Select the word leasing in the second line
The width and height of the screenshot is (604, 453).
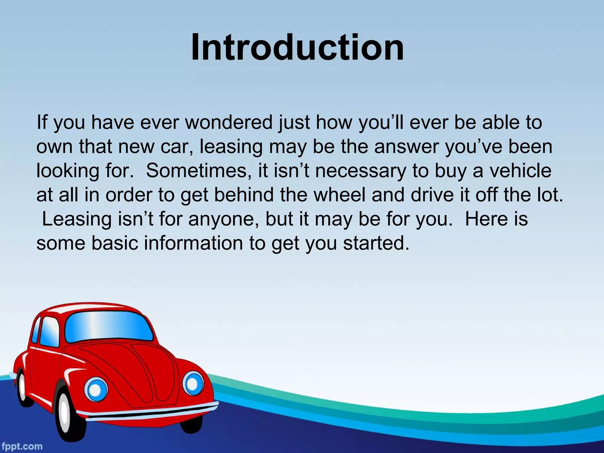pyautogui.click(x=231, y=147)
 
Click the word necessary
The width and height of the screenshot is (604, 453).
pyautogui.click(x=361, y=171)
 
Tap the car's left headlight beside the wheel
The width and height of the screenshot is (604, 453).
pyautogui.click(x=96, y=389)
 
